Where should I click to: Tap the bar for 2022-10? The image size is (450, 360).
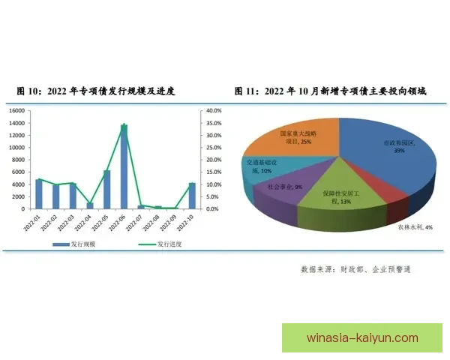tap(192, 196)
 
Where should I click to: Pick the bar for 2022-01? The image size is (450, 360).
tap(38, 194)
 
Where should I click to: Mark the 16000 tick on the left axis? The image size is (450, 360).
tap(17, 111)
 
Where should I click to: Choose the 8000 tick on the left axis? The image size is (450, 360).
tap(19, 160)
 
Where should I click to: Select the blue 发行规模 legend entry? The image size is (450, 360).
tap(75, 244)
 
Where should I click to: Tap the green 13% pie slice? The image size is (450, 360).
tap(337, 195)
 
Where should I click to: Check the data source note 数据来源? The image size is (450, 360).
tap(355, 268)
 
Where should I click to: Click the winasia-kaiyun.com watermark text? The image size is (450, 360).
tap(363, 337)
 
